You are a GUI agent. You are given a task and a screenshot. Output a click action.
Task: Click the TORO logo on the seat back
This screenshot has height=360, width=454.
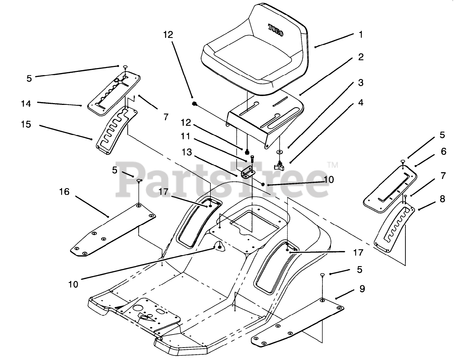click(276, 30)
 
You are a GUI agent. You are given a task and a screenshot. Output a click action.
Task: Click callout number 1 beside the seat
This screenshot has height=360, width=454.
click(361, 35)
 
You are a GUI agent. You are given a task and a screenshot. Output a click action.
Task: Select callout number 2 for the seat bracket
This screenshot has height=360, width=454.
click(361, 57)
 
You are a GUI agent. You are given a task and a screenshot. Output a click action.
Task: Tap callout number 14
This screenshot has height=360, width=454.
click(26, 103)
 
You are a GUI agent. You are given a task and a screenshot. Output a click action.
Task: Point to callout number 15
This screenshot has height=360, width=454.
click(26, 125)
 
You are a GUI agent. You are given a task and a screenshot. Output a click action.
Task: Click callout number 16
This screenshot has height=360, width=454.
click(64, 192)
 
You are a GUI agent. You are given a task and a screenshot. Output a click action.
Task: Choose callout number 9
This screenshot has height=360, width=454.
click(362, 289)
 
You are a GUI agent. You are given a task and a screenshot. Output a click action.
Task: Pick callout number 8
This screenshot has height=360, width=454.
click(442, 199)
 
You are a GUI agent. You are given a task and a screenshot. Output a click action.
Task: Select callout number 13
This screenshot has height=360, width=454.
click(187, 152)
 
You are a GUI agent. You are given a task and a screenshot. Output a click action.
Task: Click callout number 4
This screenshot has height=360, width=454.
click(361, 103)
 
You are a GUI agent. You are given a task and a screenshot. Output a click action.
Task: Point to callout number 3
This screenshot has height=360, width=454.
click(361, 83)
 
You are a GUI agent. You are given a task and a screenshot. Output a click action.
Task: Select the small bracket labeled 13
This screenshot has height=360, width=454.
click(248, 173)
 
